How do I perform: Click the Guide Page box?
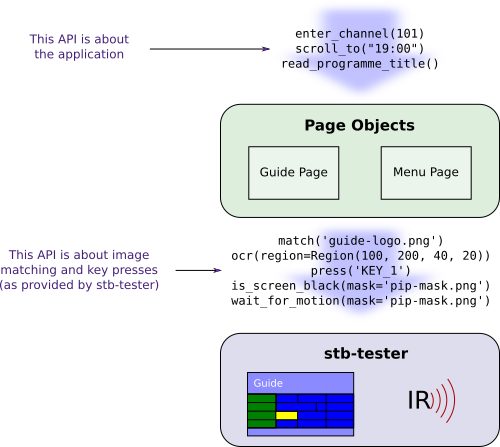(x=293, y=173)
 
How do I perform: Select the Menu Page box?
(x=426, y=173)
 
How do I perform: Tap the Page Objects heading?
(x=359, y=126)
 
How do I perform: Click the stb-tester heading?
(x=366, y=354)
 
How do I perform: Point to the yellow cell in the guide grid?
(x=287, y=415)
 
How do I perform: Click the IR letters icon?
(x=419, y=400)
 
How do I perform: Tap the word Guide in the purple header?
(x=268, y=383)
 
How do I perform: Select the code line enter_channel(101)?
(x=359, y=34)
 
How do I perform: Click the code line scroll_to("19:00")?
(x=359, y=49)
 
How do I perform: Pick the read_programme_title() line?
(x=360, y=64)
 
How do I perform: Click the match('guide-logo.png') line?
(x=360, y=241)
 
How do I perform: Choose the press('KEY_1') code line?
(x=360, y=271)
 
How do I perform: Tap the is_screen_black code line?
(x=360, y=286)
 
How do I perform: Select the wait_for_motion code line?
(x=360, y=301)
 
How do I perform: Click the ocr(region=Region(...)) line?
(x=360, y=256)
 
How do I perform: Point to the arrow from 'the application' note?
(x=210, y=49)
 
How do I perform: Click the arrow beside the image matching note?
(x=198, y=270)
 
